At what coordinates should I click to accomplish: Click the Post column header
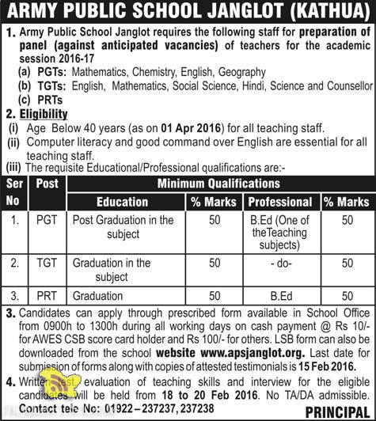pyautogui.click(x=48, y=185)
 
